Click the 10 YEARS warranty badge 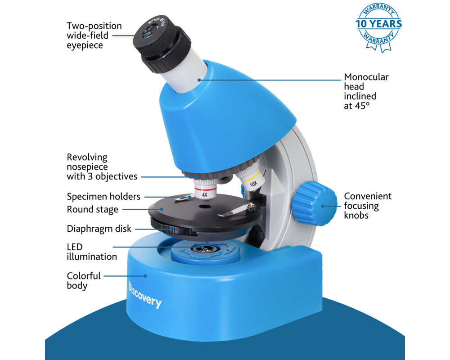(x=378, y=27)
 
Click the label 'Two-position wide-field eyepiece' (x=94, y=36)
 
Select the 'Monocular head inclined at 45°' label (x=366, y=91)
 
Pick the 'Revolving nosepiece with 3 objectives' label (x=102, y=167)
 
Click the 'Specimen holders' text (x=103, y=196)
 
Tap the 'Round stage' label (x=92, y=209)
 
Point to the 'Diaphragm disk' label (x=99, y=229)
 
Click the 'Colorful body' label (x=84, y=280)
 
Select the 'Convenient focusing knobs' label (x=368, y=206)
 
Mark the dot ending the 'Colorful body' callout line (x=145, y=275)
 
